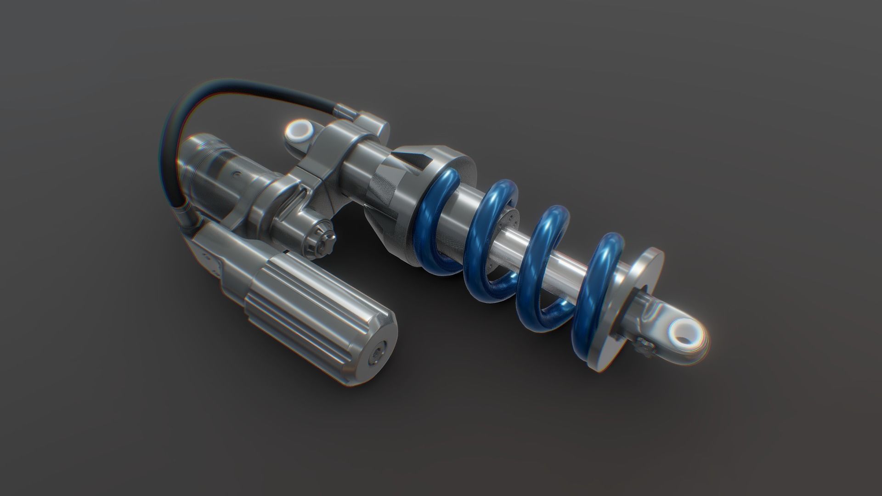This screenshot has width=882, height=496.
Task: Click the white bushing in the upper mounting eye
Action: [300, 131]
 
